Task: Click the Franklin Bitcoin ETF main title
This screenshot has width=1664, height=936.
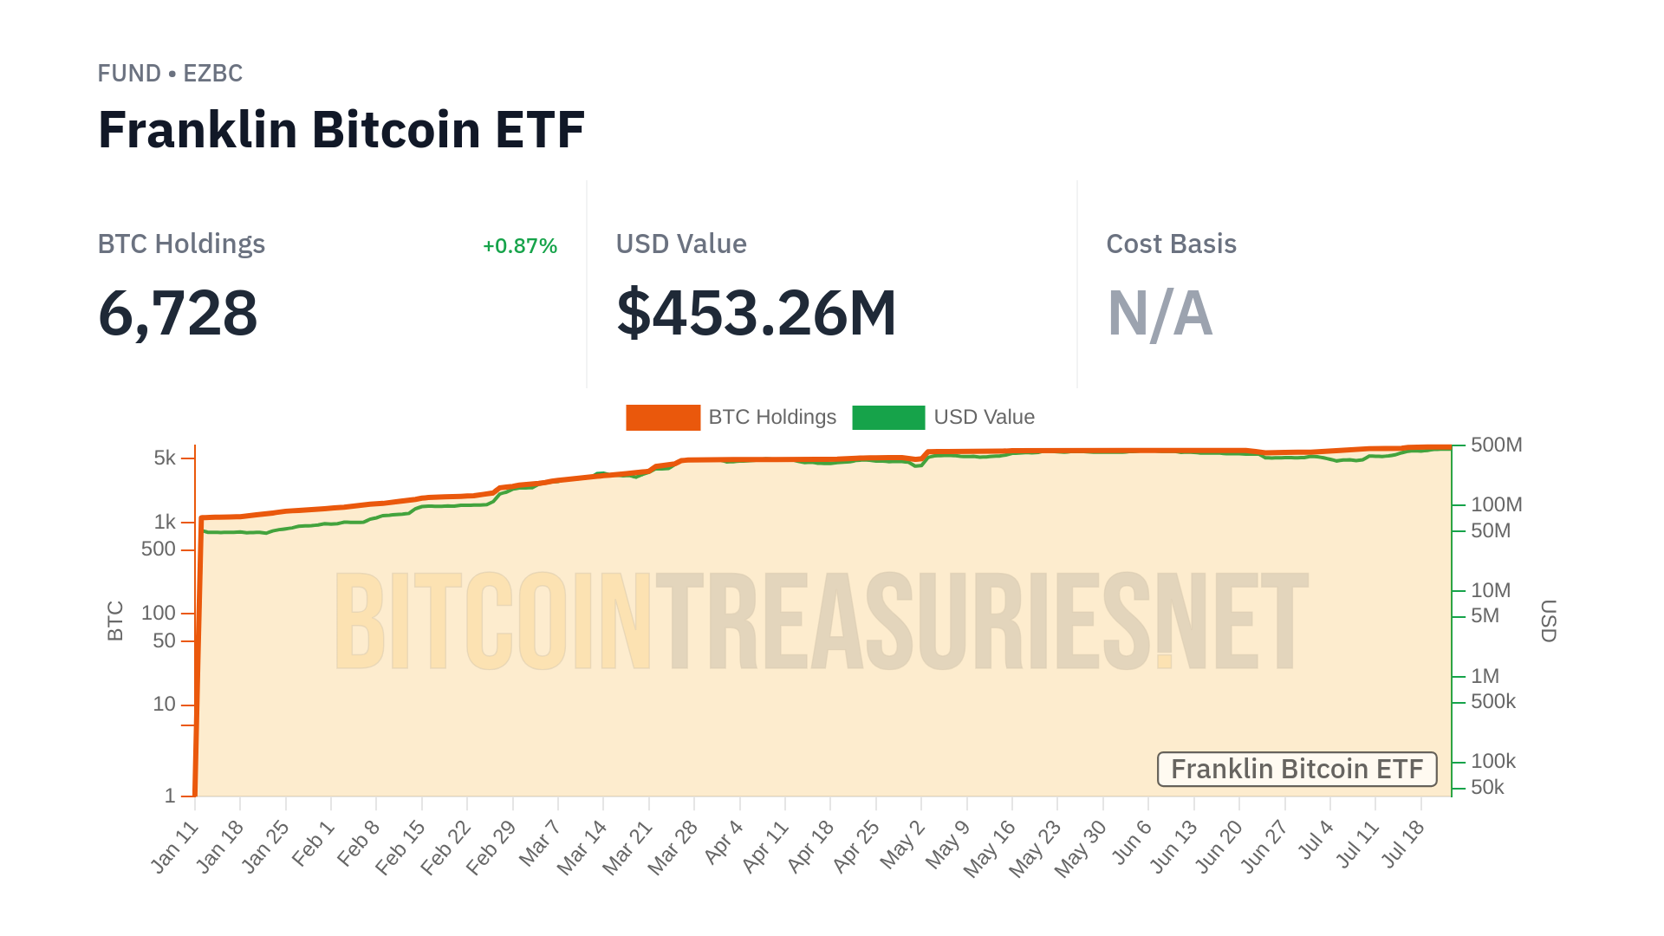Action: (x=341, y=130)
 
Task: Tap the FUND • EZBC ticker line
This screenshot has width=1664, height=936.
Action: (x=170, y=74)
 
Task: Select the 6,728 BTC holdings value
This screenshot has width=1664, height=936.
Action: (x=178, y=313)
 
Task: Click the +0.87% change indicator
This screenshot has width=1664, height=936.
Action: (x=519, y=246)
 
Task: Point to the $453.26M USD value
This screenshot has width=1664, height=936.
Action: (x=756, y=313)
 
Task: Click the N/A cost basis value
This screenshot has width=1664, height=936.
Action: (x=1160, y=313)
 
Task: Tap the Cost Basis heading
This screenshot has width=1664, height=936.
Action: (x=1171, y=244)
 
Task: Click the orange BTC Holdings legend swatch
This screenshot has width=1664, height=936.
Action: (x=663, y=418)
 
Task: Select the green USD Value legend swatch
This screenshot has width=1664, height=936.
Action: (x=888, y=418)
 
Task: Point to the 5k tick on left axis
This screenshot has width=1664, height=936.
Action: (x=165, y=458)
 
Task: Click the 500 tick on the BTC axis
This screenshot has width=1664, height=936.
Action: (x=159, y=549)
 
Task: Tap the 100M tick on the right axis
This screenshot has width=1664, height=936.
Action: (x=1496, y=504)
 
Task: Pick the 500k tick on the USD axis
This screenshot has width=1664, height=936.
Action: (x=1492, y=701)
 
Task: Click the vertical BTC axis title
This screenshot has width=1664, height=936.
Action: (x=115, y=621)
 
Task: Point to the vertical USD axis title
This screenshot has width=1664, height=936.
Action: (x=1548, y=621)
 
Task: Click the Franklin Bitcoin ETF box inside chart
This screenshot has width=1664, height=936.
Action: (x=1297, y=770)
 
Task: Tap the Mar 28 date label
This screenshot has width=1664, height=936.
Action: (x=673, y=848)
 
